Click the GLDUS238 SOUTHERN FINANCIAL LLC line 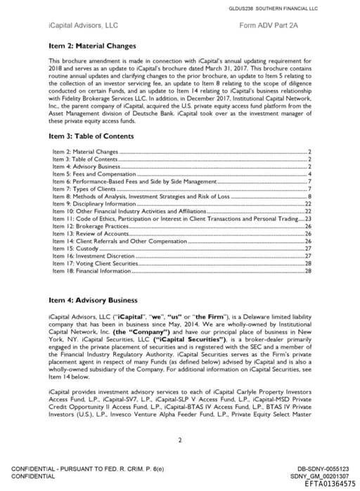[x=283, y=8]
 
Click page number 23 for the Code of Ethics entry [x=307, y=219]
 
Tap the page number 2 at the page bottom [x=180, y=440]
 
